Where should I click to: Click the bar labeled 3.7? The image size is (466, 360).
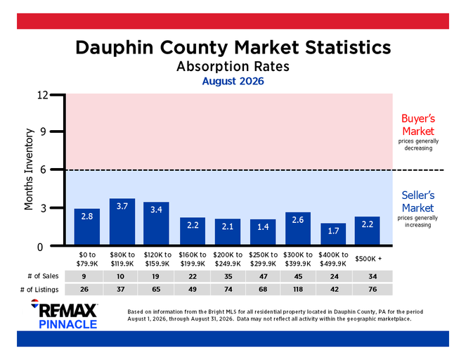[122, 221]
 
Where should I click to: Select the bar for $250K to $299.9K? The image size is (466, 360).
[263, 232]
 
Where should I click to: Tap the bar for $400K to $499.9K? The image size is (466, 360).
[333, 234]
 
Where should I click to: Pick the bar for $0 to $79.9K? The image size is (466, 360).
[86, 226]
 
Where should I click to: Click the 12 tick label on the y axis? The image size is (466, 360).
[42, 95]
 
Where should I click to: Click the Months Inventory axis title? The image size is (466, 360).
[29, 169]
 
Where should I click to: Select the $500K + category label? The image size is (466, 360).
[368, 259]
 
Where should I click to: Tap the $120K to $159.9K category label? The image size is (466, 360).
[157, 259]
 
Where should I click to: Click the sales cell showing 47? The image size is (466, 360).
[263, 276]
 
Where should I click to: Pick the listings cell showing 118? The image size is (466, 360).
[298, 289]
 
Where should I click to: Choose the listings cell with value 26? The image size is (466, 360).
[84, 289]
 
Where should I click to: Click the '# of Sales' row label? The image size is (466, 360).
[43, 276]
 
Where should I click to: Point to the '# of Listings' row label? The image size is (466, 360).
[39, 290]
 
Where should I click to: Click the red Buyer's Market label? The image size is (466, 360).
[418, 125]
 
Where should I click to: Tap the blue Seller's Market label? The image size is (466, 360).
[418, 202]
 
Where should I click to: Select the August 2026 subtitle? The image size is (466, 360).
[233, 81]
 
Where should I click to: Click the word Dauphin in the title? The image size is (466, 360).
[115, 47]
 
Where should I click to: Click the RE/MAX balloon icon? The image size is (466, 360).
[34, 303]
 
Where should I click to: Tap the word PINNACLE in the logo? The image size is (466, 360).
[68, 324]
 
